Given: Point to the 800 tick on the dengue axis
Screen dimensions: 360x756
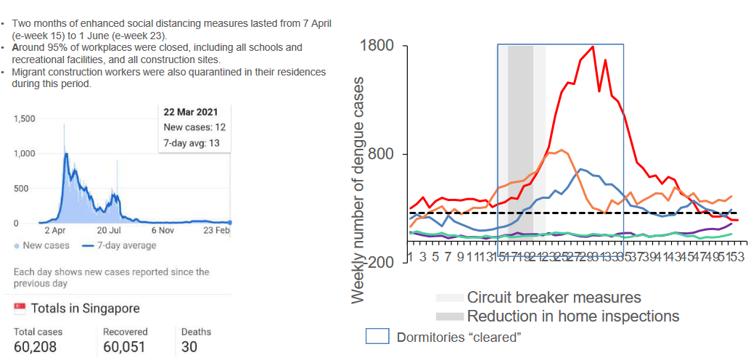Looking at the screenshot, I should pos(383,154).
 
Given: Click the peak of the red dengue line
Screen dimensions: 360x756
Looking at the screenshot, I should pos(593,47).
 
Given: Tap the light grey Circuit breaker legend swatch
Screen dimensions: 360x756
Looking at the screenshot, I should pos(449,298).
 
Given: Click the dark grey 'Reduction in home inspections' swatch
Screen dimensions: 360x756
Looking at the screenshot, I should pos(449,316).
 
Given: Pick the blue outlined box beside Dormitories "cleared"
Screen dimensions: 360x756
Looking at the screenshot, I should pos(377,337).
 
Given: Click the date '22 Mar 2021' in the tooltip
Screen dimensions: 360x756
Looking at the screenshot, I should pos(190,112).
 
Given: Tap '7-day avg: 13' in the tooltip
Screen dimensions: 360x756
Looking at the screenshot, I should pos(192,143).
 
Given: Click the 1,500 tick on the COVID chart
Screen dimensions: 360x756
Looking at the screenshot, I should pos(25,118).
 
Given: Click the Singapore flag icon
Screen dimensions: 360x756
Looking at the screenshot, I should pos(20,308).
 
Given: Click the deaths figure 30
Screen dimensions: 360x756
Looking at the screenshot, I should pos(189,347).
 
